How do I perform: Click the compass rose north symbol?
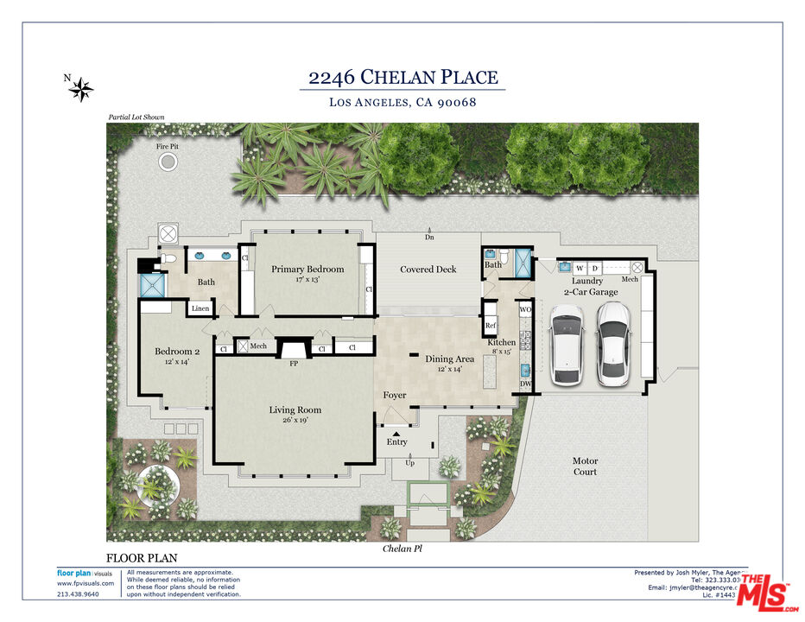pyautogui.click(x=81, y=88)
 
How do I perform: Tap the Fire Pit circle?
pyautogui.click(x=168, y=162)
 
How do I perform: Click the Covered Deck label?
pyautogui.click(x=428, y=270)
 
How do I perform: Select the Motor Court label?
pyautogui.click(x=585, y=466)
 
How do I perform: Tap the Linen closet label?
pyautogui.click(x=200, y=308)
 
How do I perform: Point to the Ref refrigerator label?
pyautogui.click(x=490, y=326)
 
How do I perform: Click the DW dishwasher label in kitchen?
pyautogui.click(x=525, y=384)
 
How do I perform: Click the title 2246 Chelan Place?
pyautogui.click(x=403, y=78)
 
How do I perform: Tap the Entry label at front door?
pyautogui.click(x=396, y=442)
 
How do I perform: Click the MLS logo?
pyautogui.click(x=765, y=592)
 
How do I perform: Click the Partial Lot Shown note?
pyautogui.click(x=136, y=117)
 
